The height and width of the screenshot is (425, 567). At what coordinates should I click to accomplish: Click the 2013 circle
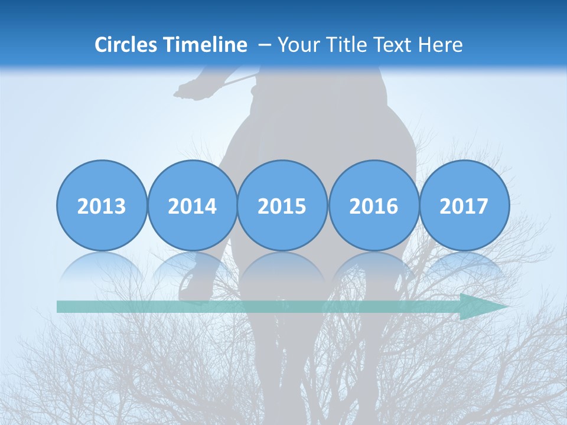[x=102, y=205]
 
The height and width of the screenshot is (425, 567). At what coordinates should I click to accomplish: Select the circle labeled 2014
[x=193, y=205]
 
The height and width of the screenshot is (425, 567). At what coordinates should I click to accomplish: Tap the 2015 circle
[x=282, y=205]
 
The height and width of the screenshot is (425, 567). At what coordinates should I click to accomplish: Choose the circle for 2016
[x=373, y=205]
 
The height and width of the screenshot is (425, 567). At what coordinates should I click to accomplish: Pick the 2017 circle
[x=464, y=205]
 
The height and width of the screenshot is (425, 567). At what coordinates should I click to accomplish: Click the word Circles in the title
[x=126, y=45]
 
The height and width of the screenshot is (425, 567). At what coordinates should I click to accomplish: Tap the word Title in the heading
[x=343, y=45]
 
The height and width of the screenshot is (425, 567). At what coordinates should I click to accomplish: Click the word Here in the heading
[x=439, y=45]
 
